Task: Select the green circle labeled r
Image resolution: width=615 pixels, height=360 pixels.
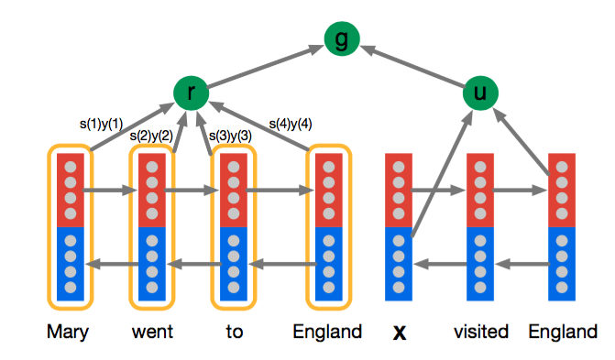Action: [x=190, y=92]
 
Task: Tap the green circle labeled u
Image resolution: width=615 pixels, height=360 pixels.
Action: [x=478, y=92]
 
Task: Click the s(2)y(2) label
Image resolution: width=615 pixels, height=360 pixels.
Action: [x=152, y=136]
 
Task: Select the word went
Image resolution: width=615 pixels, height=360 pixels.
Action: [x=151, y=332]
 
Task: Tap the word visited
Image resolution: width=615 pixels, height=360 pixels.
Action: [x=482, y=332]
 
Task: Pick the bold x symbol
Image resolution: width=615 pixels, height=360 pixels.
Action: [x=399, y=332]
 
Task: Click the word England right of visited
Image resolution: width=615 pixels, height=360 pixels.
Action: [x=560, y=332]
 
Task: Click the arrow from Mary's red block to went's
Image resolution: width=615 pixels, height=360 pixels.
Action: [x=110, y=192]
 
